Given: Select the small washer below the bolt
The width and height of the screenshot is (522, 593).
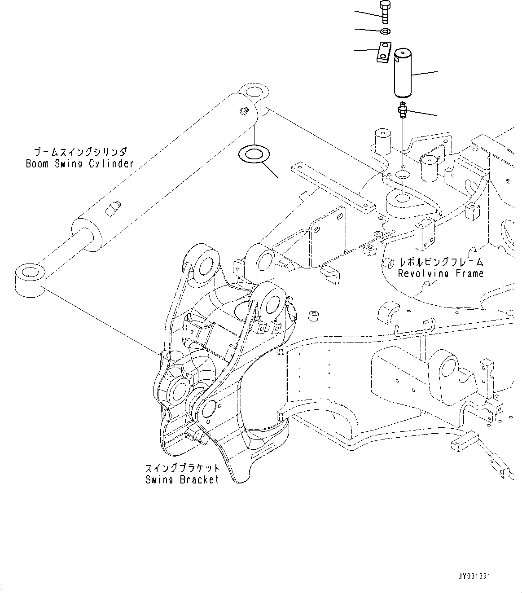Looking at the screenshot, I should click(x=385, y=31).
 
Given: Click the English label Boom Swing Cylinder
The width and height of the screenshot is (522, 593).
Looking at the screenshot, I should click(x=80, y=163).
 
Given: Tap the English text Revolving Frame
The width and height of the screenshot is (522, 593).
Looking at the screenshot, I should click(x=441, y=273).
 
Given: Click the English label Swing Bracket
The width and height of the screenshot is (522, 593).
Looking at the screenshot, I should click(x=182, y=479).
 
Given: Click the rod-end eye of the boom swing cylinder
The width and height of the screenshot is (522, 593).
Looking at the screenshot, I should click(x=29, y=281).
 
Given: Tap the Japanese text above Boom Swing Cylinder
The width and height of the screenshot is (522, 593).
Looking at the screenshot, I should click(x=80, y=152).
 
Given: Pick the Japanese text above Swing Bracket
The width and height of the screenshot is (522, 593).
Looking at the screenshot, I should click(x=182, y=468).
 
